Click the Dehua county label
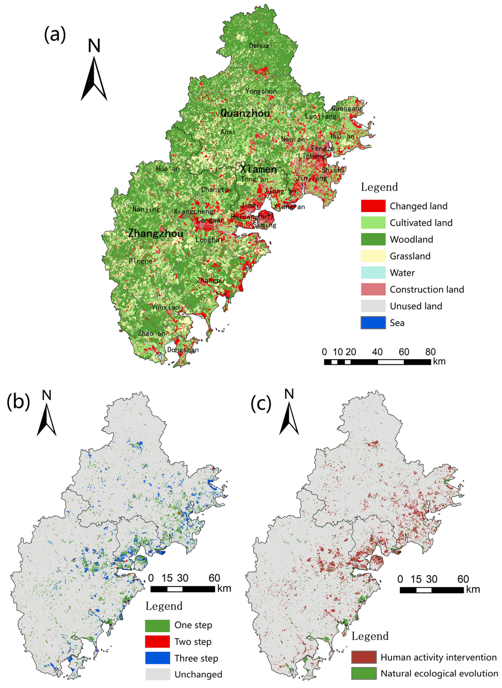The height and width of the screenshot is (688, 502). [259, 46]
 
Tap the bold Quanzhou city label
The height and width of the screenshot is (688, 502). [245, 113]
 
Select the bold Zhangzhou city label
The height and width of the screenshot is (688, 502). [156, 233]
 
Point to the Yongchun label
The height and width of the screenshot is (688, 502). [261, 91]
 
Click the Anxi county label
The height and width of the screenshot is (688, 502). [228, 132]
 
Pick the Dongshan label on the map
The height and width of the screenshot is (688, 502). [183, 350]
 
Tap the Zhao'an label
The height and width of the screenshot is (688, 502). [151, 333]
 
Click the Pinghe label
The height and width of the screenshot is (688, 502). [140, 261]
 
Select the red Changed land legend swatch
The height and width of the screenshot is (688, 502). [373, 206]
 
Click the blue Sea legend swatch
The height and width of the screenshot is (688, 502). [373, 323]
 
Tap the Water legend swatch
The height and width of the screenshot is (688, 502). [373, 273]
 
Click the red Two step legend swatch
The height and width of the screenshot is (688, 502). [157, 642]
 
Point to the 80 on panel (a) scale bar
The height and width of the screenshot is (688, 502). [430, 352]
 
